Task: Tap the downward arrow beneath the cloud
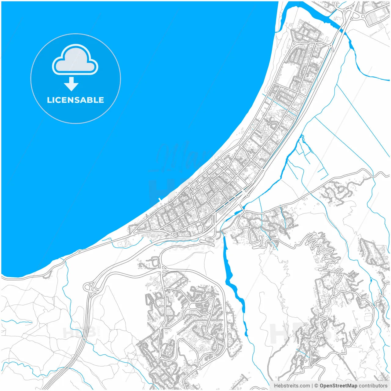point(71,84)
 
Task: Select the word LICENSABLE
point(75,100)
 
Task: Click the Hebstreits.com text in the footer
point(292,386)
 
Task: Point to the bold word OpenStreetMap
point(338,386)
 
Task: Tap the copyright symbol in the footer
point(316,386)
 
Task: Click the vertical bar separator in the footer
point(312,386)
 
